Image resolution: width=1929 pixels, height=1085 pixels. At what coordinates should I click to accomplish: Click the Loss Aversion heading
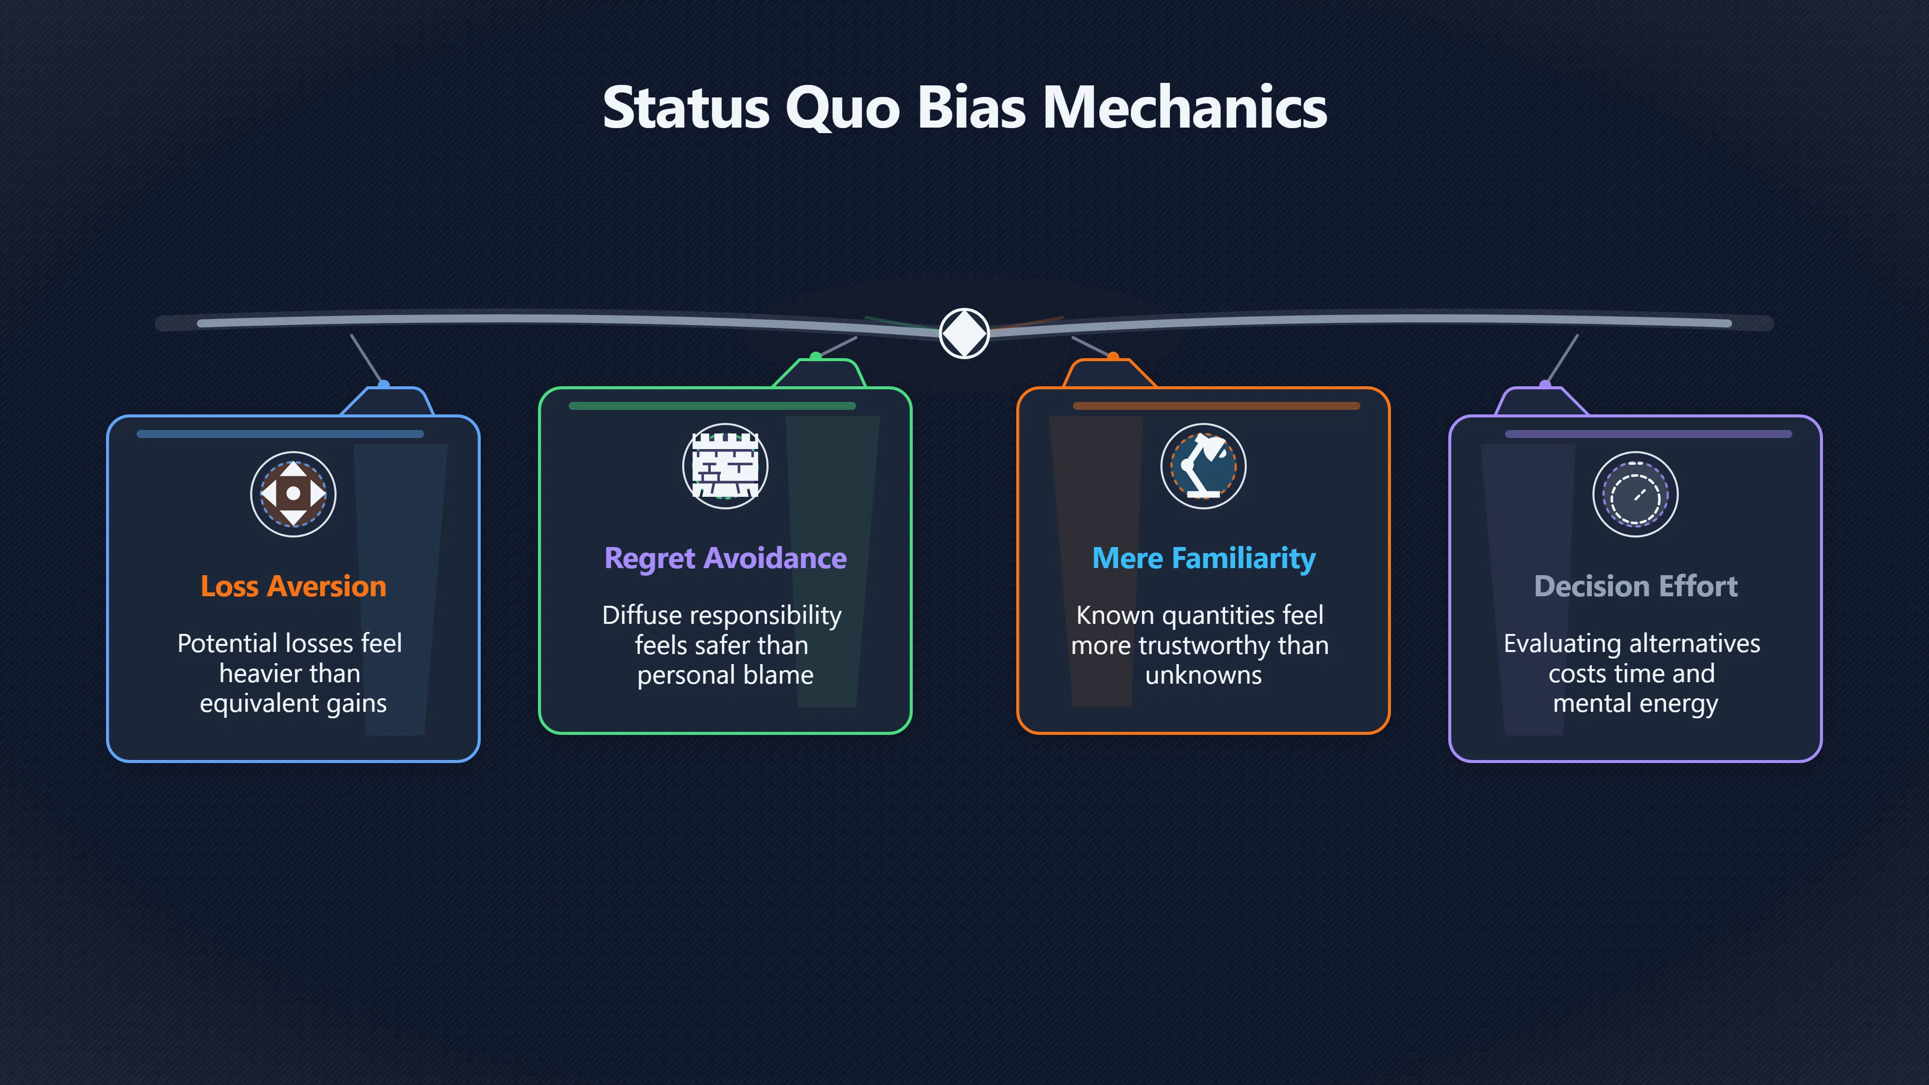click(293, 586)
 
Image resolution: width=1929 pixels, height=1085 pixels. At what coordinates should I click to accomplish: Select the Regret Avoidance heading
click(725, 559)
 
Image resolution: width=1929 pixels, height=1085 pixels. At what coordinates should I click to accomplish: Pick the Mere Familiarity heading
click(1204, 559)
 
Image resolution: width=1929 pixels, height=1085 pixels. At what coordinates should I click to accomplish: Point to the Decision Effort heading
click(1636, 586)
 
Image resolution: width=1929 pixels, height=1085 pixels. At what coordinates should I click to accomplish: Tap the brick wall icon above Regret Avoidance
click(725, 466)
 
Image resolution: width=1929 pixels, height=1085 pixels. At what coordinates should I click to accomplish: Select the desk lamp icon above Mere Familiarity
click(1204, 466)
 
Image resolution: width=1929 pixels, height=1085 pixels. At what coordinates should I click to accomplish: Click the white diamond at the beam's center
click(964, 333)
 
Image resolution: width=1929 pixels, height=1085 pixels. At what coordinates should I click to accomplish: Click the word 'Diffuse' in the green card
click(642, 615)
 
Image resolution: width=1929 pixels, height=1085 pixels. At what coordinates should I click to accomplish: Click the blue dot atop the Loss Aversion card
click(383, 385)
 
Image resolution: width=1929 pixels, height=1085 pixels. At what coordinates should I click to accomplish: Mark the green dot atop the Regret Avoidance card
click(815, 357)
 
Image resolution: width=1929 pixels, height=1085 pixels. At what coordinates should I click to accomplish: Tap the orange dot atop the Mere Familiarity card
click(1114, 357)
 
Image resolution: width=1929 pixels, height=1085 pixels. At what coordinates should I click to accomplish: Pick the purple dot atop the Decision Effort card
click(1545, 385)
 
